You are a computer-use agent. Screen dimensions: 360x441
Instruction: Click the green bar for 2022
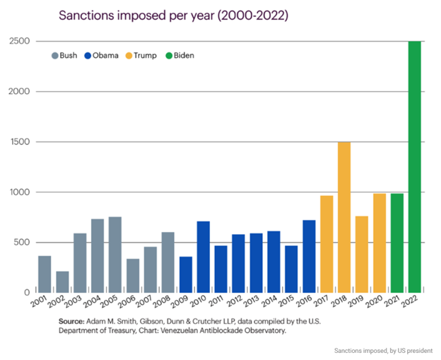pos(415,167)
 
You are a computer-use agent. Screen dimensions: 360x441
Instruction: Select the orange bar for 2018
pos(344,217)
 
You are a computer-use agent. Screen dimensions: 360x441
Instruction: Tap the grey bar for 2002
pos(62,281)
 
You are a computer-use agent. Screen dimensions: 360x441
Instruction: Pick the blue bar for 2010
pos(204,257)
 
